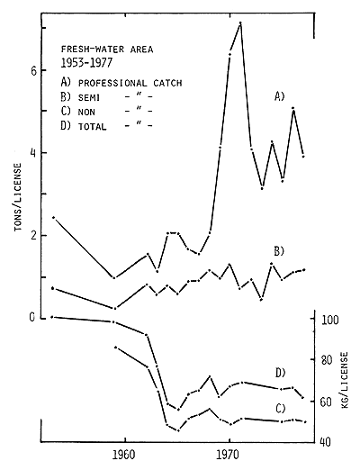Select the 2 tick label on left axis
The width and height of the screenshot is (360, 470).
[x=31, y=236]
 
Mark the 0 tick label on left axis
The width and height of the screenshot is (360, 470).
[x=31, y=318]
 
